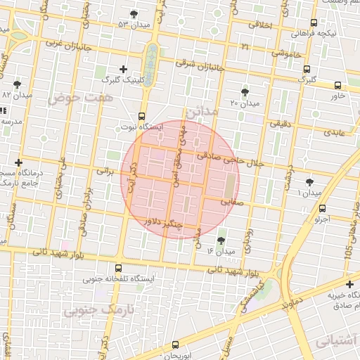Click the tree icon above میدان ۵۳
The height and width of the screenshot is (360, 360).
tap(134, 14)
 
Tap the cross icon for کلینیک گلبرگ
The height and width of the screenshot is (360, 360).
tap(124, 69)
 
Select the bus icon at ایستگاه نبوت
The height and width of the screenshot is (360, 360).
tap(141, 116)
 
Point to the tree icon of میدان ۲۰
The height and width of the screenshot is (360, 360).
tap(245, 92)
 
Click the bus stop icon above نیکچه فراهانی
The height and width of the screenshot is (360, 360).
tap(313, 22)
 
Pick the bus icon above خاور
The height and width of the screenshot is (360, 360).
tap(337, 85)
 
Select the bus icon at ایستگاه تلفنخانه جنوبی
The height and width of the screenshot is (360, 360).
tap(117, 267)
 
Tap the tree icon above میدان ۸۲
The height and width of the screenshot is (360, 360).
tap(17, 84)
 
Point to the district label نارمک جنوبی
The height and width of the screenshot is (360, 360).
tap(100, 309)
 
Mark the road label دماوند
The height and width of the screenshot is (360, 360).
tap(290, 304)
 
